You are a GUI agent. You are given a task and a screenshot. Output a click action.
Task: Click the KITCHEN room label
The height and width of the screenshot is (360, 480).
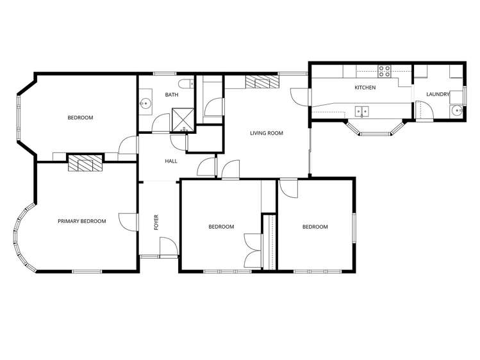pos(365,88)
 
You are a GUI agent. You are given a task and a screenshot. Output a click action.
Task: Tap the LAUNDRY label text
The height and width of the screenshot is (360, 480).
pos(436,95)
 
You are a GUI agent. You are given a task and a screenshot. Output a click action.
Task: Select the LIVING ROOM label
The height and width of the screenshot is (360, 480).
pos(266,133)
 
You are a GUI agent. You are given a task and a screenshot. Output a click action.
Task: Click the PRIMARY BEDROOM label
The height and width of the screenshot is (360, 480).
pos(81,221)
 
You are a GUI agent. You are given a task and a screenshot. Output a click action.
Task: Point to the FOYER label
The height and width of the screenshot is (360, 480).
pos(156,222)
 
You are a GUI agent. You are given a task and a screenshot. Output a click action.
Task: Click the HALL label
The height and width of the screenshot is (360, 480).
pos(171,161)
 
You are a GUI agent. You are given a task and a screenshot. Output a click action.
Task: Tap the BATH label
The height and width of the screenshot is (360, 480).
pos(172,95)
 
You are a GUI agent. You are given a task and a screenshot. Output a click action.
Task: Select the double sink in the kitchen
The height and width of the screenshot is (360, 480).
pos(362,110)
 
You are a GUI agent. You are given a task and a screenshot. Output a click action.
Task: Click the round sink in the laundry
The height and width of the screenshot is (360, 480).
pos(456,111)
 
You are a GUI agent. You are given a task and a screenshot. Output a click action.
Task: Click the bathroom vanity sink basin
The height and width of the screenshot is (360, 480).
pos(145,102)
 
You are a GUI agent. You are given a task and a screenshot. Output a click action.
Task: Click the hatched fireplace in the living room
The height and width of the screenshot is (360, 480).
pos(261,82)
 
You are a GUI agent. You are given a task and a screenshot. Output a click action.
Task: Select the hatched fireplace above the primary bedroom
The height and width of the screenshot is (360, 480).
pos(85,163)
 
